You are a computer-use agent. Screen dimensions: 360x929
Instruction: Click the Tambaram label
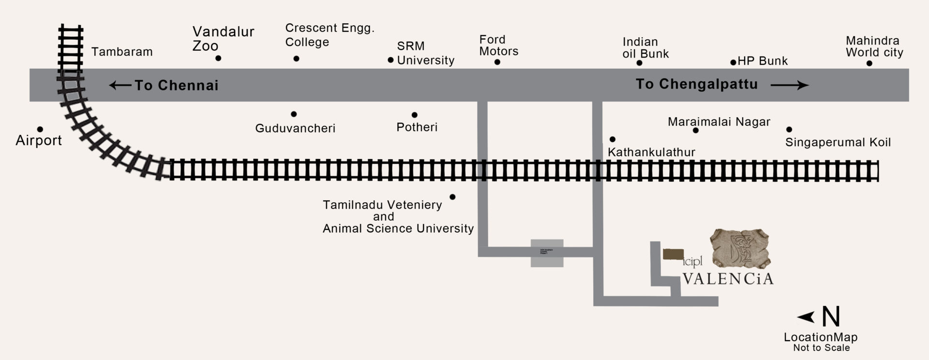(122, 52)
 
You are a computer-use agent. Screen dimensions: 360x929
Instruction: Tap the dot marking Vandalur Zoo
(218, 58)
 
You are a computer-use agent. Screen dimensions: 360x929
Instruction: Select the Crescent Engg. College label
(330, 35)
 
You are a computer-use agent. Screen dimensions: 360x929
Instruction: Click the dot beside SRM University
(390, 60)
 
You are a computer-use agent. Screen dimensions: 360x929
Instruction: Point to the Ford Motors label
(498, 45)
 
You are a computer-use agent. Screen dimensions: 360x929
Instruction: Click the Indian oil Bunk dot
(639, 63)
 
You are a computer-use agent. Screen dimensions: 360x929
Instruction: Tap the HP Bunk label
(763, 61)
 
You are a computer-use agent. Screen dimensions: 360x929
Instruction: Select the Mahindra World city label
(874, 46)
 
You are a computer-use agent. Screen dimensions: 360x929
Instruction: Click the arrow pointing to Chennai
(120, 86)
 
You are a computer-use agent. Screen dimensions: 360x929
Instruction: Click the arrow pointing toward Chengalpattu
(789, 85)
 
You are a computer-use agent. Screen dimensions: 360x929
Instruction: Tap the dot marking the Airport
(40, 129)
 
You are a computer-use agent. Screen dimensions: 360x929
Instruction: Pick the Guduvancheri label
(295, 128)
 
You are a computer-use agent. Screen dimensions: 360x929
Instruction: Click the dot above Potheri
(415, 115)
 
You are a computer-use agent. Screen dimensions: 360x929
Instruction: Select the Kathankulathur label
(651, 152)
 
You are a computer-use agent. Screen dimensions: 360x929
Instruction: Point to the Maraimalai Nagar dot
(696, 130)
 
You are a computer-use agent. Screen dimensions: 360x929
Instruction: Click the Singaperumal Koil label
(838, 142)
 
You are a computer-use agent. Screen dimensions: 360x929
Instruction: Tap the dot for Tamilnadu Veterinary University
(452, 197)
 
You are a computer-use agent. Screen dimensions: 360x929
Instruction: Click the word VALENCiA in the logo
(728, 279)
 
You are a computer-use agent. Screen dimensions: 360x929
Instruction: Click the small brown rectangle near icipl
(673, 255)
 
